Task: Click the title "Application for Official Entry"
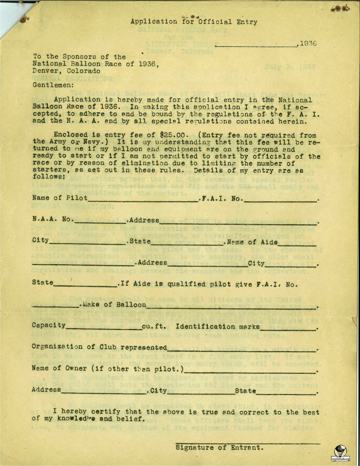click(194, 22)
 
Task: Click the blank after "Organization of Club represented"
click(242, 349)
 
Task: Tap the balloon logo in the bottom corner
click(340, 452)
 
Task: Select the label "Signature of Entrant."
click(220, 448)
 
